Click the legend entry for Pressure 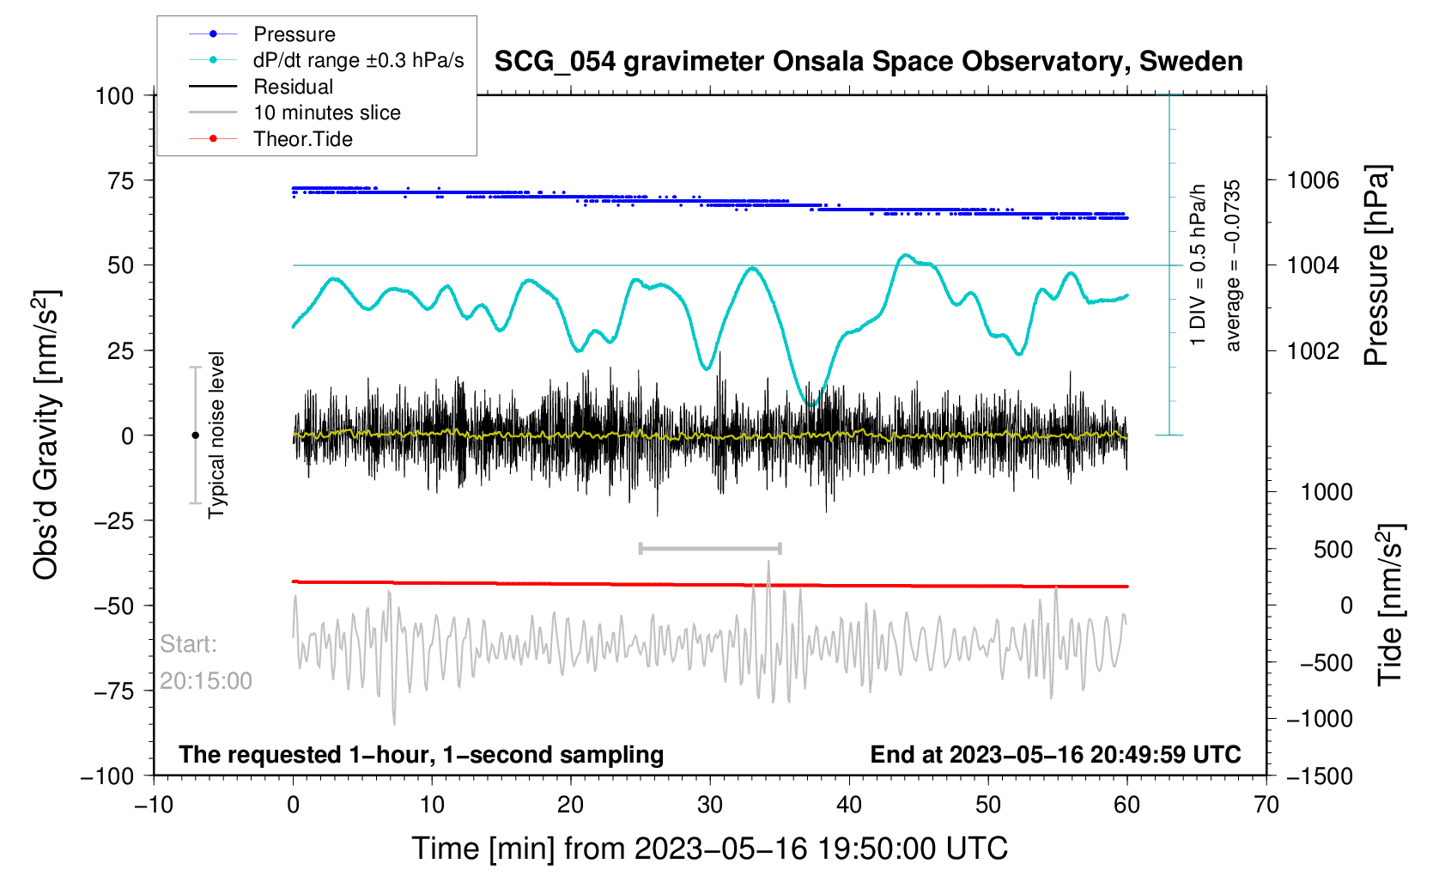pyautogui.click(x=294, y=34)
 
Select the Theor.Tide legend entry pyautogui.click(x=302, y=139)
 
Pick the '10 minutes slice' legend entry pyautogui.click(x=326, y=113)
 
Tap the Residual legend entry pyautogui.click(x=293, y=87)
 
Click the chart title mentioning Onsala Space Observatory pyautogui.click(x=868, y=62)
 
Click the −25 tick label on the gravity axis pyautogui.click(x=114, y=520)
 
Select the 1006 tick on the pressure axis pyautogui.click(x=1313, y=180)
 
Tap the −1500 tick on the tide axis pyautogui.click(x=1319, y=776)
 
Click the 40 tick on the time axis pyautogui.click(x=849, y=805)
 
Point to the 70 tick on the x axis pyautogui.click(x=1266, y=805)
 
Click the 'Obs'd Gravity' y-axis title pyautogui.click(x=46, y=435)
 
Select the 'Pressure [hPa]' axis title pyautogui.click(x=1376, y=266)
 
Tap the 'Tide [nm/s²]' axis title pyautogui.click(x=1390, y=605)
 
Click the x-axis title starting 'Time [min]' pyautogui.click(x=709, y=849)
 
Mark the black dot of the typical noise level pyautogui.click(x=195, y=435)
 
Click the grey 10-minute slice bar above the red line pyautogui.click(x=710, y=548)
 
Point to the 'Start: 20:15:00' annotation pyautogui.click(x=206, y=662)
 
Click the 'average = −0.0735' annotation pyautogui.click(x=1233, y=266)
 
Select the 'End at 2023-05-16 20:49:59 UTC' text pyautogui.click(x=1055, y=755)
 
